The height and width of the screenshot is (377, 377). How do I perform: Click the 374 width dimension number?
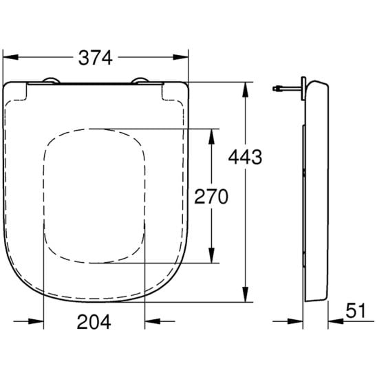tap(96, 58)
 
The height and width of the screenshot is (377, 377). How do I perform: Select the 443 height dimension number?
tap(245, 158)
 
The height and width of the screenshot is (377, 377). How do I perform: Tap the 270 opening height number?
tap(211, 197)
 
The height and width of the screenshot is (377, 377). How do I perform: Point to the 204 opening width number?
tap(94, 322)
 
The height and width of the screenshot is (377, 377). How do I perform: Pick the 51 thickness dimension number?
tap(356, 310)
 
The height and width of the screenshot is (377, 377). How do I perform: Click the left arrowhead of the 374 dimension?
tap(10, 57)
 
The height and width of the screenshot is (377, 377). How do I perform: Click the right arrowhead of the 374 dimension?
tap(181, 57)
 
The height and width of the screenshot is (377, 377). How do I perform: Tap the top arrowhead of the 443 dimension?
tap(245, 89)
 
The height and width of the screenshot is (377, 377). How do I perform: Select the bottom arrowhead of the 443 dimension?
tap(245, 294)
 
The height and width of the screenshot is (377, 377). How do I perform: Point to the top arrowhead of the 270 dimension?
tap(211, 137)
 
